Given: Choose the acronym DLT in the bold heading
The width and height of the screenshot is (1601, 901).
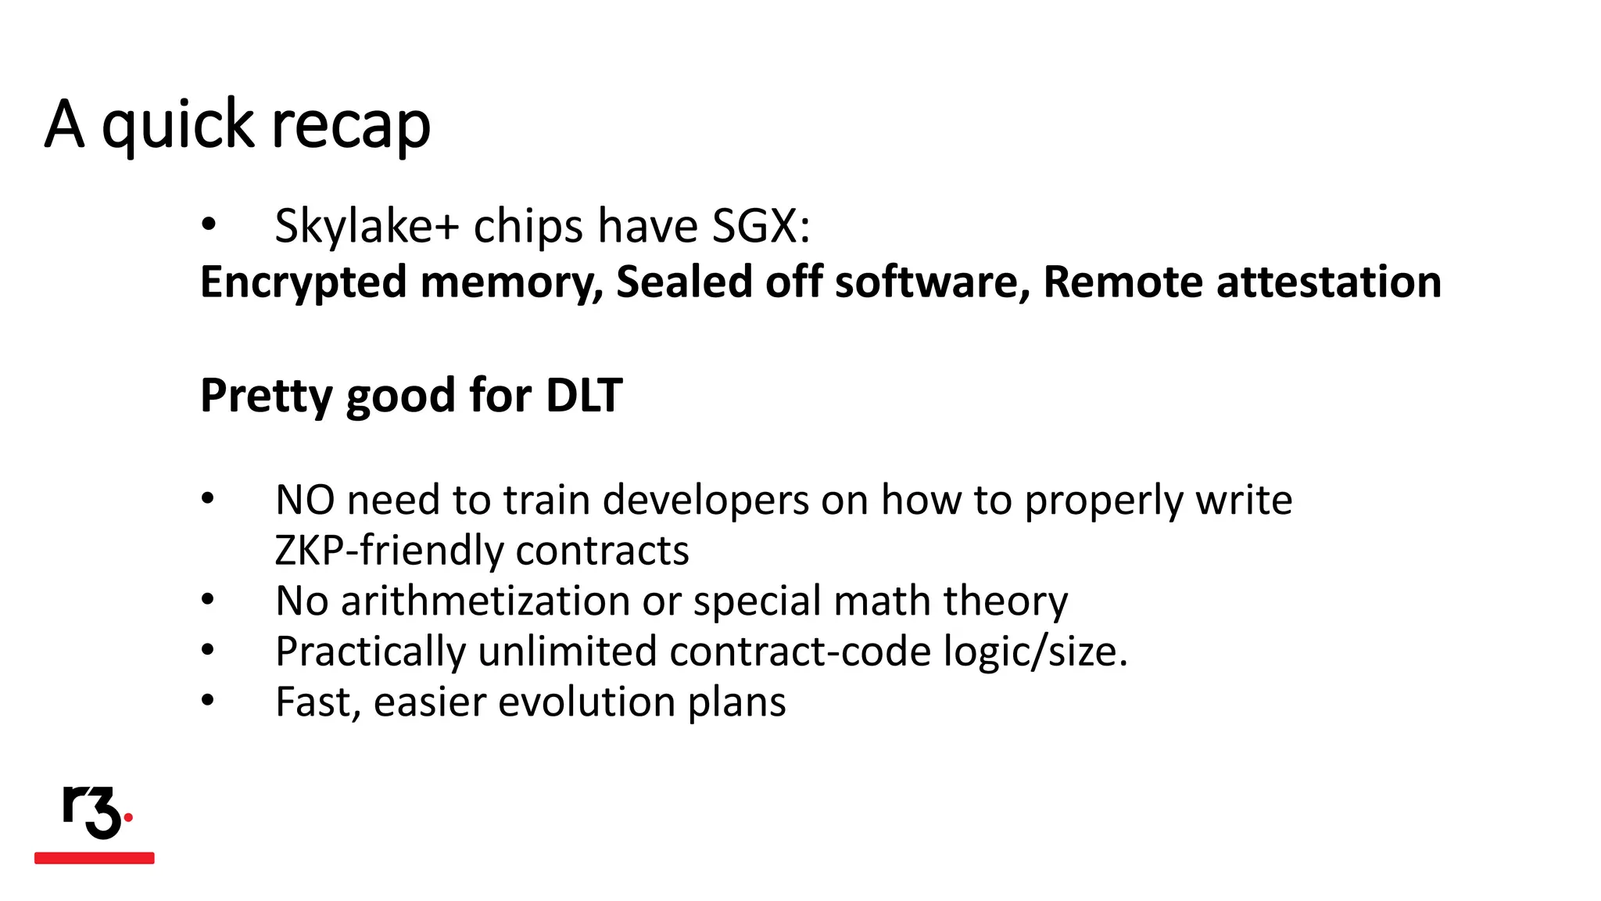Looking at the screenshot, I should tap(583, 395).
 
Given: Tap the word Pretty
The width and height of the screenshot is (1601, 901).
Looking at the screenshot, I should tap(267, 395).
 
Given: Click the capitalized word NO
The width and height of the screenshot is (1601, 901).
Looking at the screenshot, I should tap(305, 500).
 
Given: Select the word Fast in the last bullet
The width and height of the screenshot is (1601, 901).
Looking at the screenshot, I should tap(313, 702).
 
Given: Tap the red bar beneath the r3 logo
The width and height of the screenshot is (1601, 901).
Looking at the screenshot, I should tap(95, 858).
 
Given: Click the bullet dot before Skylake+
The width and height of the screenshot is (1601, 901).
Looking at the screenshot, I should tap(208, 225).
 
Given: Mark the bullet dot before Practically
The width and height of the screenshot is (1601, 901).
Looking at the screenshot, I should tap(208, 650).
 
